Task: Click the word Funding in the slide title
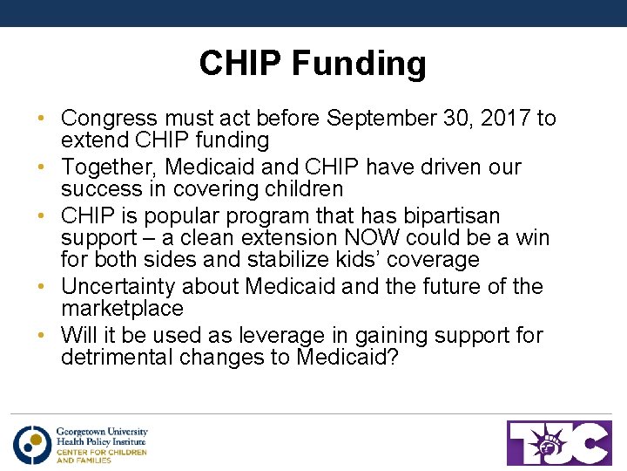point(358,64)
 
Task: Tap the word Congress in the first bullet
point(110,119)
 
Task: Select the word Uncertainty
point(122,287)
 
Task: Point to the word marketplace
point(122,309)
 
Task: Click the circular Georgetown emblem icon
point(32,444)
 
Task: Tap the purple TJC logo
point(559,443)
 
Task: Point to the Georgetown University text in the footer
point(102,432)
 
